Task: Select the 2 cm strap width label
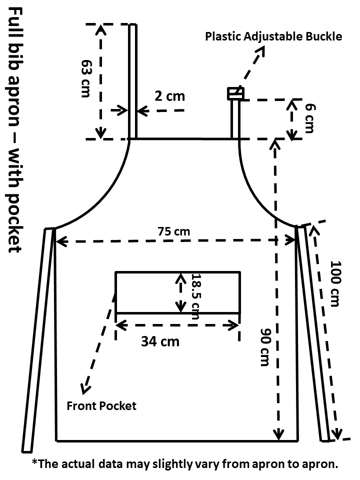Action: [169, 95]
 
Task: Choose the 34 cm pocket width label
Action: [159, 341]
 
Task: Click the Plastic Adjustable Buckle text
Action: [274, 36]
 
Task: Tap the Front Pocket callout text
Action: [101, 405]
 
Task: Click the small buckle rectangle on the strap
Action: [235, 93]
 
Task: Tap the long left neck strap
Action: [132, 80]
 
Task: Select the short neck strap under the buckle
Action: [235, 119]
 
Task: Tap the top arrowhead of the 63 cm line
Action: [101, 29]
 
